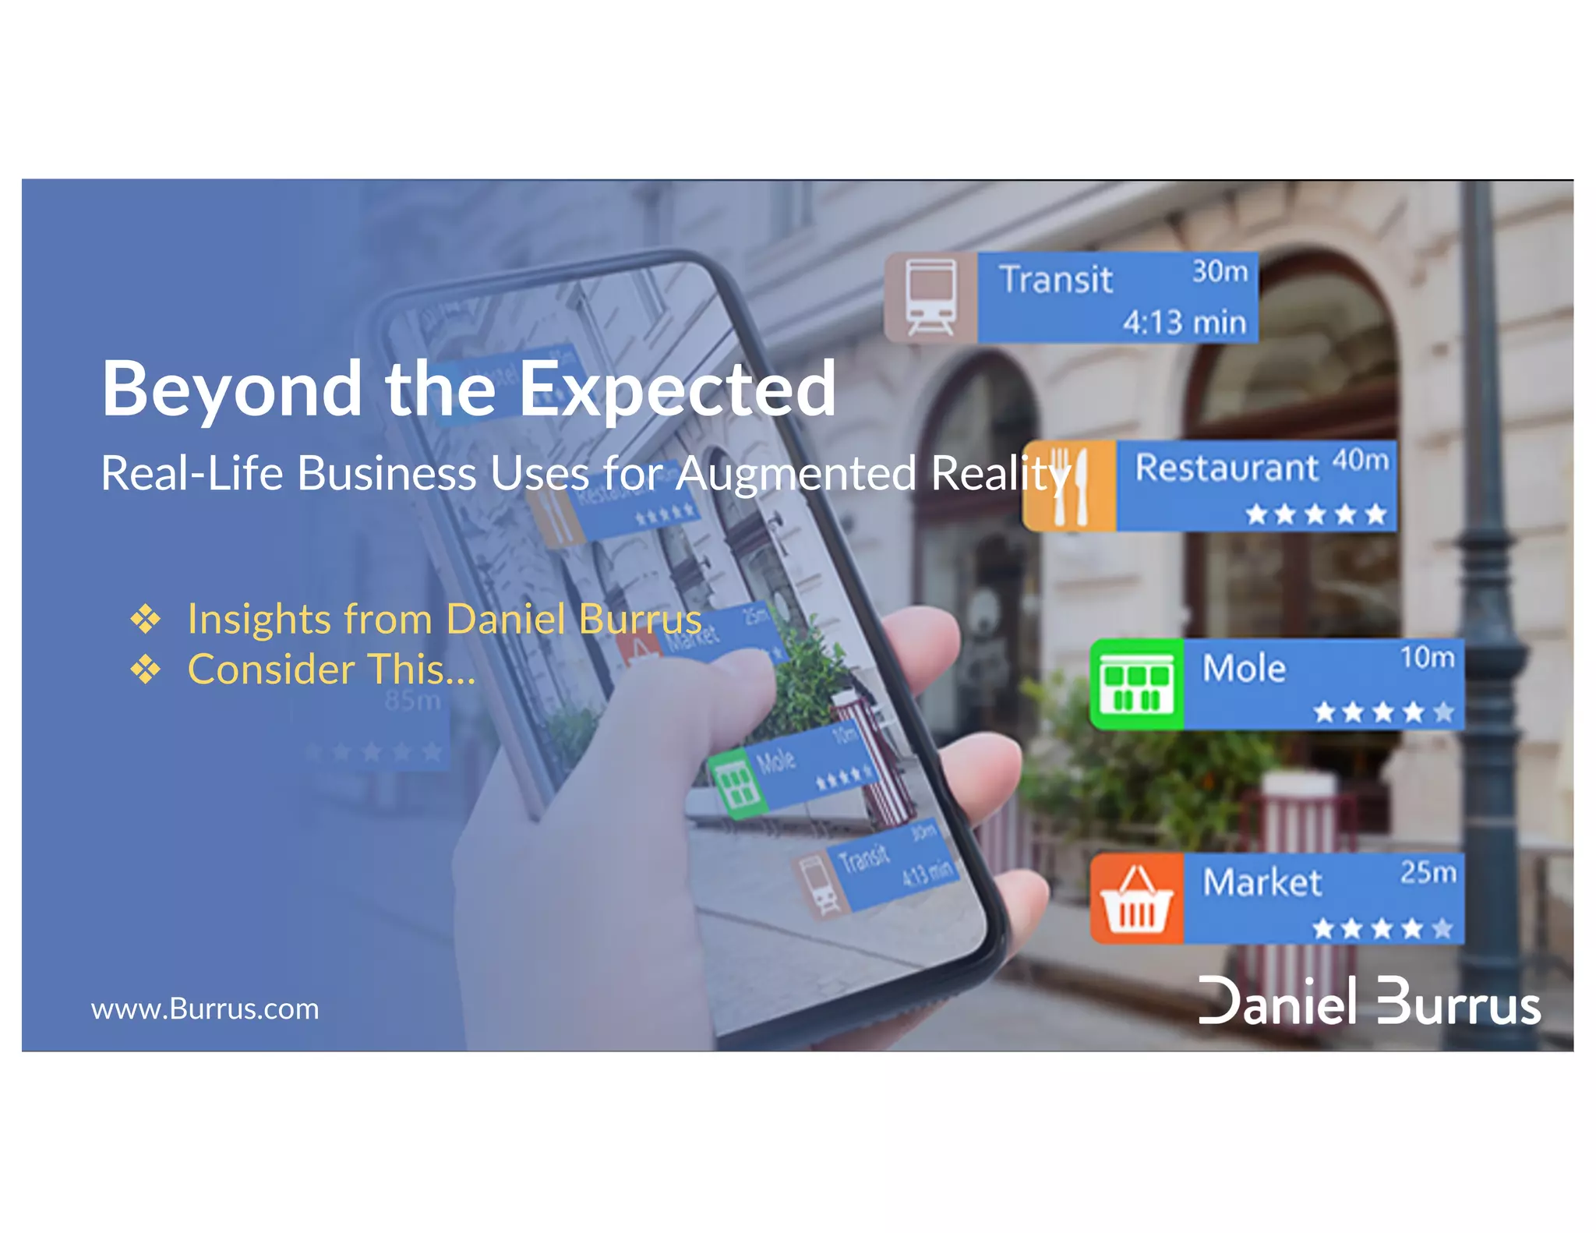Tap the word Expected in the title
pos(676,390)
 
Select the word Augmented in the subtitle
pos(795,473)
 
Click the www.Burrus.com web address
pos(205,1009)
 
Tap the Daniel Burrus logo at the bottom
pos(1368,1001)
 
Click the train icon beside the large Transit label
pos(930,297)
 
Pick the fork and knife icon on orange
pos(1070,486)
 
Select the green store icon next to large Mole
pos(1136,684)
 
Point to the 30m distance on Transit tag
pos(1220,271)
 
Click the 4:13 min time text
pos(1184,322)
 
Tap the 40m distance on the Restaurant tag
pos(1360,460)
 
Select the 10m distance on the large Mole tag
pos(1427,657)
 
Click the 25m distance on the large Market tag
pos(1428,872)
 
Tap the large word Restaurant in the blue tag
pos(1227,468)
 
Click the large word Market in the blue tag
pos(1262,883)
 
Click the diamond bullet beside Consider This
pos(146,669)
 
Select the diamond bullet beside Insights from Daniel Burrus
pos(146,619)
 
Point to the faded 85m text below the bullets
pos(412,701)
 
